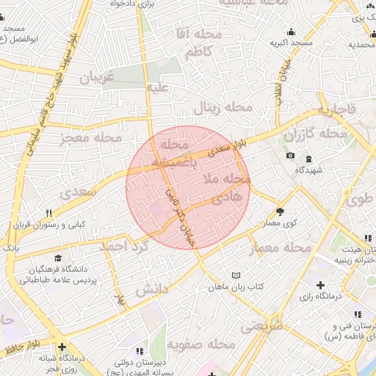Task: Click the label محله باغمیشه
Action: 175,152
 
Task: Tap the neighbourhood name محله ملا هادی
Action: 231,189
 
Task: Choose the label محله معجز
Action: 92,137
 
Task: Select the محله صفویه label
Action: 200,343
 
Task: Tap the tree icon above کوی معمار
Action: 280,192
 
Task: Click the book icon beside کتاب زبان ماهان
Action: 235,275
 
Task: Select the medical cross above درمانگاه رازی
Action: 320,284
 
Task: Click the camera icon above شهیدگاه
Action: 291,156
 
